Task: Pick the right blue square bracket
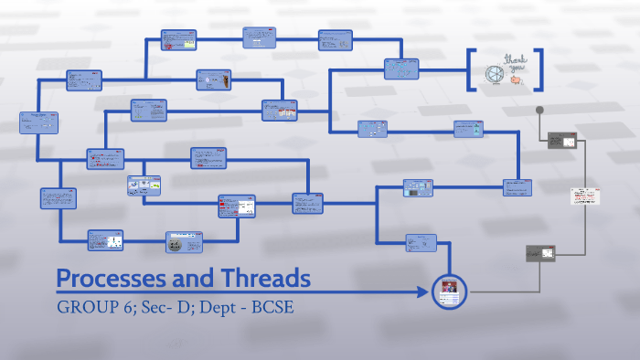[539, 69]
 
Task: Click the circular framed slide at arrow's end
[450, 291]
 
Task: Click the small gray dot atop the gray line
[540, 111]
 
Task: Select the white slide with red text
[584, 196]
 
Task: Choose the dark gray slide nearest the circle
[541, 253]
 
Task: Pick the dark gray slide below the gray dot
[561, 142]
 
